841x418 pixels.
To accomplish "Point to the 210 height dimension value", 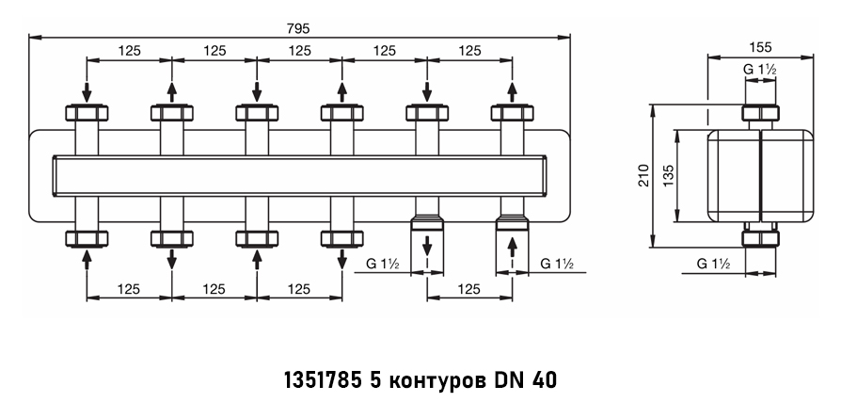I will click(643, 175).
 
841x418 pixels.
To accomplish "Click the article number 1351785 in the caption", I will click(324, 381).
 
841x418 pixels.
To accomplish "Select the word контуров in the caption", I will click(434, 381).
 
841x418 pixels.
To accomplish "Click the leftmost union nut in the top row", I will click(87, 114).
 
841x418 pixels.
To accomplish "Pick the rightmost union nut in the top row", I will click(512, 114).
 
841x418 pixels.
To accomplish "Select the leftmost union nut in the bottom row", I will click(87, 237).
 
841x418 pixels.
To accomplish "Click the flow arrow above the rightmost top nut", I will click(512, 91).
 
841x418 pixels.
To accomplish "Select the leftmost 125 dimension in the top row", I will click(129, 50).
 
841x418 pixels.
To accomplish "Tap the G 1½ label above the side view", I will click(760, 69).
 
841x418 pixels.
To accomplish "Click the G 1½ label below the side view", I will click(715, 265).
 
